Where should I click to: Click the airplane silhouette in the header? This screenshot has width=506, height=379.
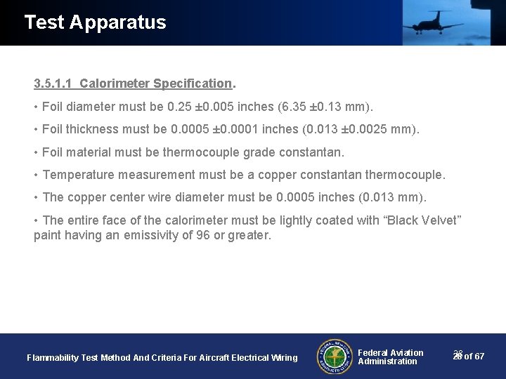pos(432,23)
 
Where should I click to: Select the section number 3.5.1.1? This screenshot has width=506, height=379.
pos(53,84)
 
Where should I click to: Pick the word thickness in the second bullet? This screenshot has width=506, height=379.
pos(93,129)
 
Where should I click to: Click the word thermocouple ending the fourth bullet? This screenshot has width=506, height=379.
pos(406,174)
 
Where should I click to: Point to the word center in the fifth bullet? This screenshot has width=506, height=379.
pos(129,197)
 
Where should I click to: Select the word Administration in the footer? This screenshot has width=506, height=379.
pos(387,361)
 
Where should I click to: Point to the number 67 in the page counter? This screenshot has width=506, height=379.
pos(479,357)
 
